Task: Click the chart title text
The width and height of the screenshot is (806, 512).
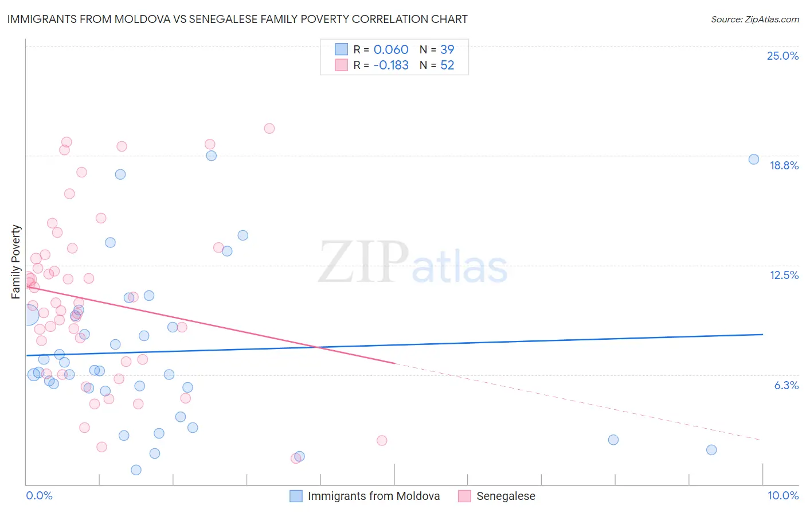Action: click(x=237, y=19)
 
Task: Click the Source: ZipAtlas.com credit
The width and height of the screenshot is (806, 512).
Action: click(x=754, y=19)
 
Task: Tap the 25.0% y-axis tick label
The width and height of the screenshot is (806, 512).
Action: click(x=782, y=56)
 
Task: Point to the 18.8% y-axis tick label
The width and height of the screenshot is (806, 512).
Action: click(x=784, y=165)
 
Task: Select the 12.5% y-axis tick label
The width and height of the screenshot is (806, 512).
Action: click(x=784, y=275)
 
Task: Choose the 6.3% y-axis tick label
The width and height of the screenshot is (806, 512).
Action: click(x=786, y=385)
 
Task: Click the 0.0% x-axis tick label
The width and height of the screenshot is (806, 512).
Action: click(x=39, y=495)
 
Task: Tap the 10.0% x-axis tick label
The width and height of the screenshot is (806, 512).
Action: click(x=782, y=495)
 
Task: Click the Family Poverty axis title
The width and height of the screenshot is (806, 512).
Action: click(x=16, y=262)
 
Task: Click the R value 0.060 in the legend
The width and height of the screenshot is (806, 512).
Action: click(x=391, y=49)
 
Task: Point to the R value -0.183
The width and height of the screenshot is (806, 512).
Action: click(x=391, y=65)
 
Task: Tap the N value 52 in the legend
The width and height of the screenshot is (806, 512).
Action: click(x=447, y=65)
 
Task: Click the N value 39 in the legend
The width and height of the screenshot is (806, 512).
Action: click(x=447, y=49)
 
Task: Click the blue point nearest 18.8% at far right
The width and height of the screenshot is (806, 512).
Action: click(x=754, y=160)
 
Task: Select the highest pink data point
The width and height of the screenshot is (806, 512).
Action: click(x=269, y=129)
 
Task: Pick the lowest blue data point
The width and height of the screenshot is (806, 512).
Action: click(x=136, y=470)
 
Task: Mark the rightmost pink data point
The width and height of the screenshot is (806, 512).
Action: click(x=382, y=441)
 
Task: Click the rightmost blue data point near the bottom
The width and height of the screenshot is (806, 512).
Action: click(x=711, y=450)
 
